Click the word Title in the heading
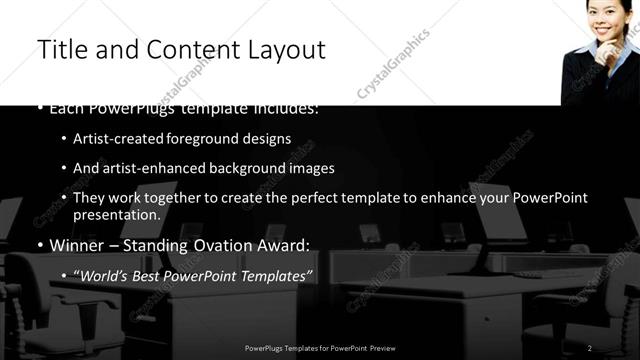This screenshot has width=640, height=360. [x=61, y=49]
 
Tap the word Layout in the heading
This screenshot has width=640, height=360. [x=286, y=49]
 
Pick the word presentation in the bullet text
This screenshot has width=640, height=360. [x=115, y=215]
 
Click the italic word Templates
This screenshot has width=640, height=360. [x=276, y=274]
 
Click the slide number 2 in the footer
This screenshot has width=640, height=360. [x=590, y=347]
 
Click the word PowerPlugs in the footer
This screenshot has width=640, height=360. [x=267, y=347]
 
